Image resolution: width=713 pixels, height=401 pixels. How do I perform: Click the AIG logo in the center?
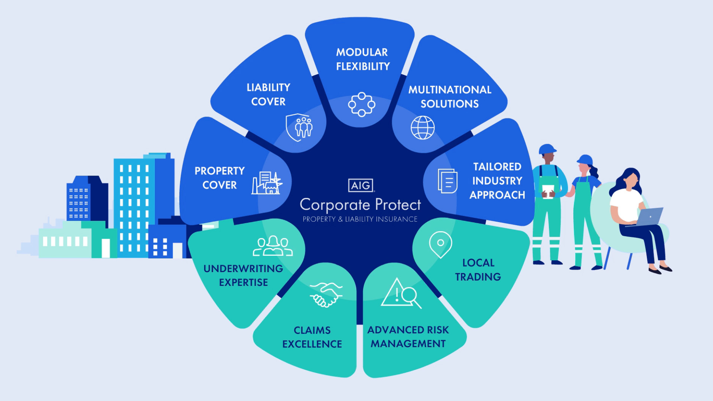coord(361,185)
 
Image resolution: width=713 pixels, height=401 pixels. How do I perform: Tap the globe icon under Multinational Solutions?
coord(423,128)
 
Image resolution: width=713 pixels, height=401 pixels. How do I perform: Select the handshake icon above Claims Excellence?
coord(326,295)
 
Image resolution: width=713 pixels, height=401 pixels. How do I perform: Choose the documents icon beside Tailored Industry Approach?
coord(447,181)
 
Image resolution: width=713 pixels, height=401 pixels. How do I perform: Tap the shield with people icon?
coord(299,127)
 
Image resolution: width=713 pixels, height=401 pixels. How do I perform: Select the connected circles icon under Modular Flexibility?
coord(361,104)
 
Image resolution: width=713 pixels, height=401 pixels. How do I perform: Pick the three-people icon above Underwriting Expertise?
coord(273,246)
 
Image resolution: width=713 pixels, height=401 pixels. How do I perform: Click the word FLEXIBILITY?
coord(363,66)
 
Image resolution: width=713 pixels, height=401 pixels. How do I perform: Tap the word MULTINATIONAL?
coord(450,90)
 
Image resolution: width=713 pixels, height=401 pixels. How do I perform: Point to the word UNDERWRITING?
coord(243,268)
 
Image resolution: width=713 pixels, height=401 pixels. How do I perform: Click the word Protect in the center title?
coord(398,205)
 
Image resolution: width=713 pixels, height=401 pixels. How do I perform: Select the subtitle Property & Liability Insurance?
coord(360,219)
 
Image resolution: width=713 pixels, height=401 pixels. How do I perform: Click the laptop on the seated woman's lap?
coord(649,217)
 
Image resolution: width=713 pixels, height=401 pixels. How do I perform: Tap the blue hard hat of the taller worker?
coord(547,149)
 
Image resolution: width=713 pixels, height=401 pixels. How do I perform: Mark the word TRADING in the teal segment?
coord(478,277)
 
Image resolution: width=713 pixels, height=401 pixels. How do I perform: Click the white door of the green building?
coord(106,248)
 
